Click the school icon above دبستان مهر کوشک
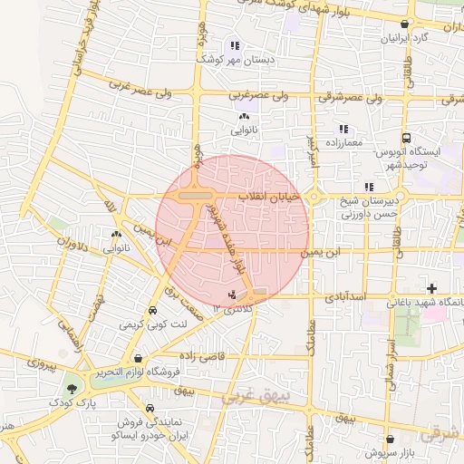235,45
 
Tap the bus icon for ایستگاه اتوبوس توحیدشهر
406,139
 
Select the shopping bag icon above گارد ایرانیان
403,24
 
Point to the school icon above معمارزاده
343,130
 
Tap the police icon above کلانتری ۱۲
233,294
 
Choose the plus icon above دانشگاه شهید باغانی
431,287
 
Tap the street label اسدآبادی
343,296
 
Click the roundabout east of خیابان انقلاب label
314,197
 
